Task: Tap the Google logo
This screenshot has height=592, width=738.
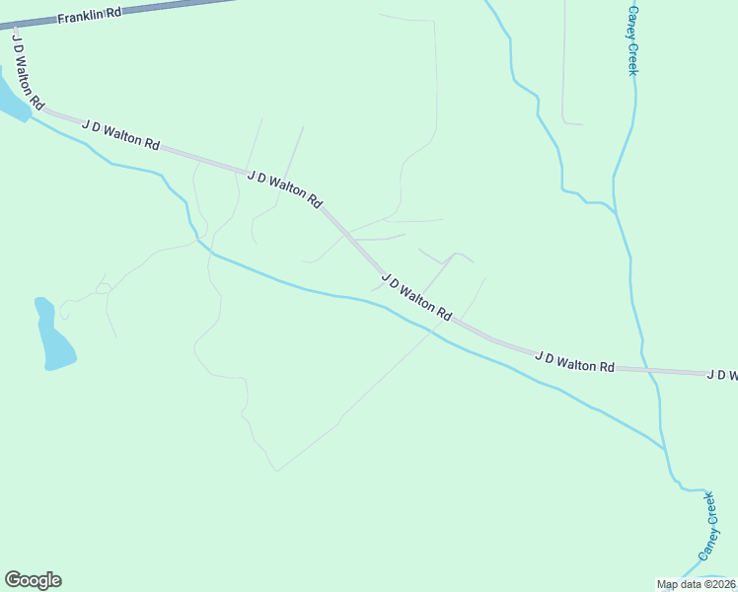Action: [33, 580]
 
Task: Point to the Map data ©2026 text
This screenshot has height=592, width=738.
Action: [697, 584]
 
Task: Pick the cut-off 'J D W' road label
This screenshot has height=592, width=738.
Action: [722, 375]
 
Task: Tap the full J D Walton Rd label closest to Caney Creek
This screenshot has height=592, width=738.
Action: [575, 360]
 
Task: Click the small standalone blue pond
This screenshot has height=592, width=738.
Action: [53, 337]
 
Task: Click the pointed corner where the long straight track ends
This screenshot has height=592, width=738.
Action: [277, 471]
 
